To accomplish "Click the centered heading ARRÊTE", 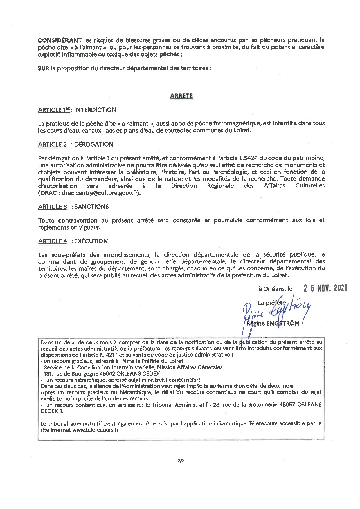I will point(181,96).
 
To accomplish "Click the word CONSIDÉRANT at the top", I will point(60,40).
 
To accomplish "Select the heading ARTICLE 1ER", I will point(54,110).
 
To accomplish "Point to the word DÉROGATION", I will point(94,144).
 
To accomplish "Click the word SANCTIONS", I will point(91,207).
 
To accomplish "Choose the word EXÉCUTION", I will point(91,241).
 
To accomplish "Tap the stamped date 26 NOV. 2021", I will point(325,288).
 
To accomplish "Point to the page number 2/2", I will point(181,460).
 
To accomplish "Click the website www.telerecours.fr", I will point(96,430).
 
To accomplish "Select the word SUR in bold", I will point(44,68).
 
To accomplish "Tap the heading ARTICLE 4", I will point(53,241).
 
